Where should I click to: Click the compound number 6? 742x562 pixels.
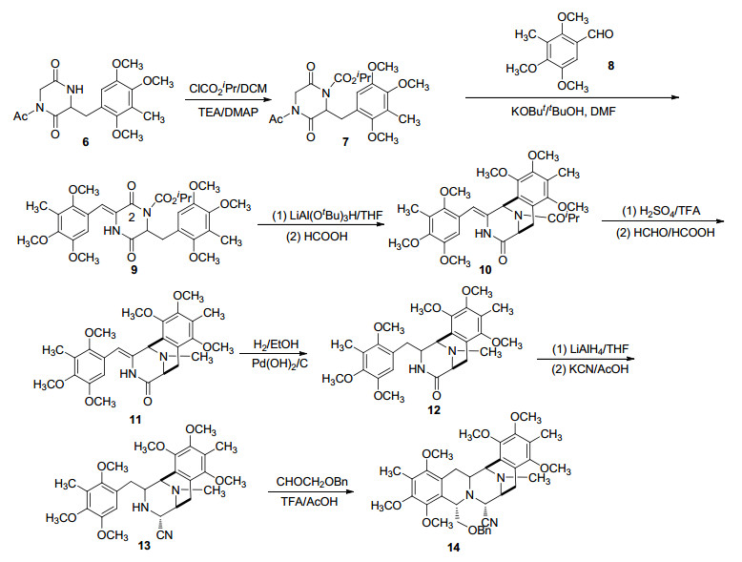[86, 142]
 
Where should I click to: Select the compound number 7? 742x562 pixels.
[346, 142]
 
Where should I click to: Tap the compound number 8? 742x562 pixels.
[611, 65]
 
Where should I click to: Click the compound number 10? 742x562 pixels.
[485, 269]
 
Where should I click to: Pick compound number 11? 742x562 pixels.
[134, 420]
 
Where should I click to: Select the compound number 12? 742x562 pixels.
[433, 409]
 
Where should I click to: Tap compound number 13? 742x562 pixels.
[144, 546]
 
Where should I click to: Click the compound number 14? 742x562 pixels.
[453, 548]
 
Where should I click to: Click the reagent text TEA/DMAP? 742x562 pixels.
[228, 113]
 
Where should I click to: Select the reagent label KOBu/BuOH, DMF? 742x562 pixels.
[563, 112]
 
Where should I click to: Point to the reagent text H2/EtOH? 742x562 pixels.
[276, 344]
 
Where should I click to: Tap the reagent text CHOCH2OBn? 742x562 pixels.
[312, 482]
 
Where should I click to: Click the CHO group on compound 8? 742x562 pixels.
[600, 34]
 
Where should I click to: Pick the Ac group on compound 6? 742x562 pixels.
[20, 115]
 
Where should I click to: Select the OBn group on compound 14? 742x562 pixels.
[480, 531]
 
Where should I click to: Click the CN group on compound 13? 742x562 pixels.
[164, 535]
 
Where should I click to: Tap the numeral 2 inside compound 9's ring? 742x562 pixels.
[132, 216]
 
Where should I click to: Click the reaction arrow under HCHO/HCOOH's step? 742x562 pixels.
[663, 220]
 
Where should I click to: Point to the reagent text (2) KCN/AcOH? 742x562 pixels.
[589, 368]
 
